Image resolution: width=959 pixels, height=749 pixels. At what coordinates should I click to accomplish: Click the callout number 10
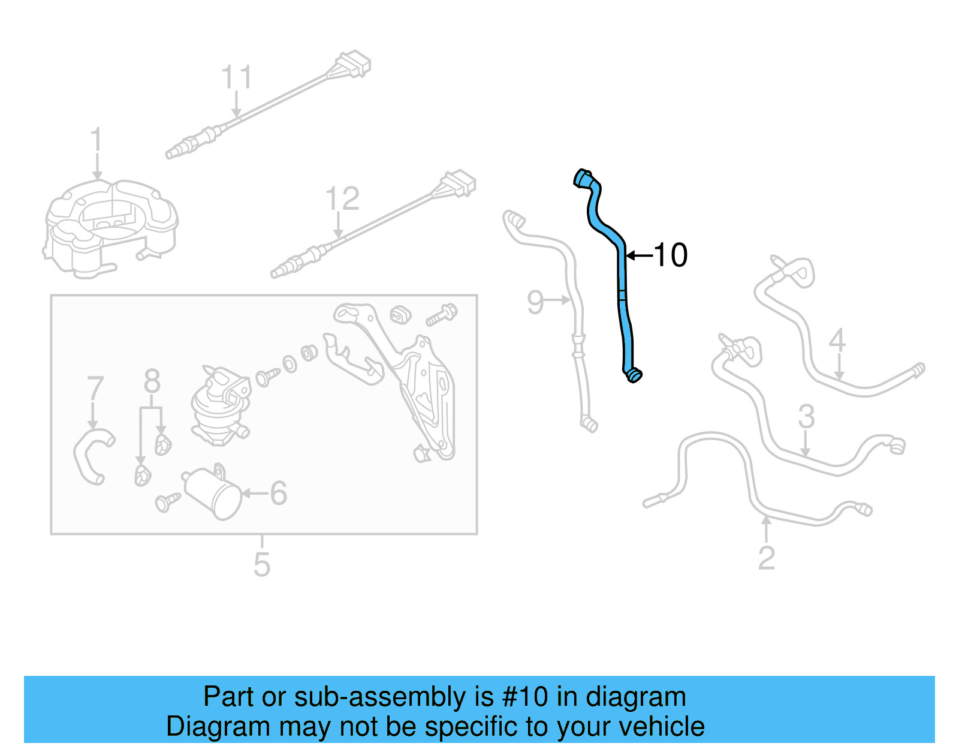click(671, 255)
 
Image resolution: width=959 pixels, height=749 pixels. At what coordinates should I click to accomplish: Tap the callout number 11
click(236, 77)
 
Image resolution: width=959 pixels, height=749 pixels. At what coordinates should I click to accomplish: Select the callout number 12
click(342, 198)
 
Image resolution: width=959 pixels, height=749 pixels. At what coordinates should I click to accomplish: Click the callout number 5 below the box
click(261, 564)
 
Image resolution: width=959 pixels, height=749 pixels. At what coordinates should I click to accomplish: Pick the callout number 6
click(279, 494)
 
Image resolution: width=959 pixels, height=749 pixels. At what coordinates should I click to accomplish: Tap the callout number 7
click(95, 389)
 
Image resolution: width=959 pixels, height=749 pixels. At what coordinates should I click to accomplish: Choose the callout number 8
click(152, 381)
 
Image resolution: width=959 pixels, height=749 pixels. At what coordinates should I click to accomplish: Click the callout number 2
click(767, 558)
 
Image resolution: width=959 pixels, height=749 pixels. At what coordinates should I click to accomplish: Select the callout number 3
click(806, 417)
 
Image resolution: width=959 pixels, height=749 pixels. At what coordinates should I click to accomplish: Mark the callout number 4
click(837, 340)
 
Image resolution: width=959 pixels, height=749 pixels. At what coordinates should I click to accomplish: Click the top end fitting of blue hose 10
click(583, 179)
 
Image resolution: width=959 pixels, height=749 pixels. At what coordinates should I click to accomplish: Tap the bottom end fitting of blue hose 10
click(634, 375)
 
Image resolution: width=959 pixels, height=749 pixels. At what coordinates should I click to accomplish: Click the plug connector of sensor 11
click(354, 64)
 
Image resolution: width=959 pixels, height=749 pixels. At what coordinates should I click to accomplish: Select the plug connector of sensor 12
click(459, 183)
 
